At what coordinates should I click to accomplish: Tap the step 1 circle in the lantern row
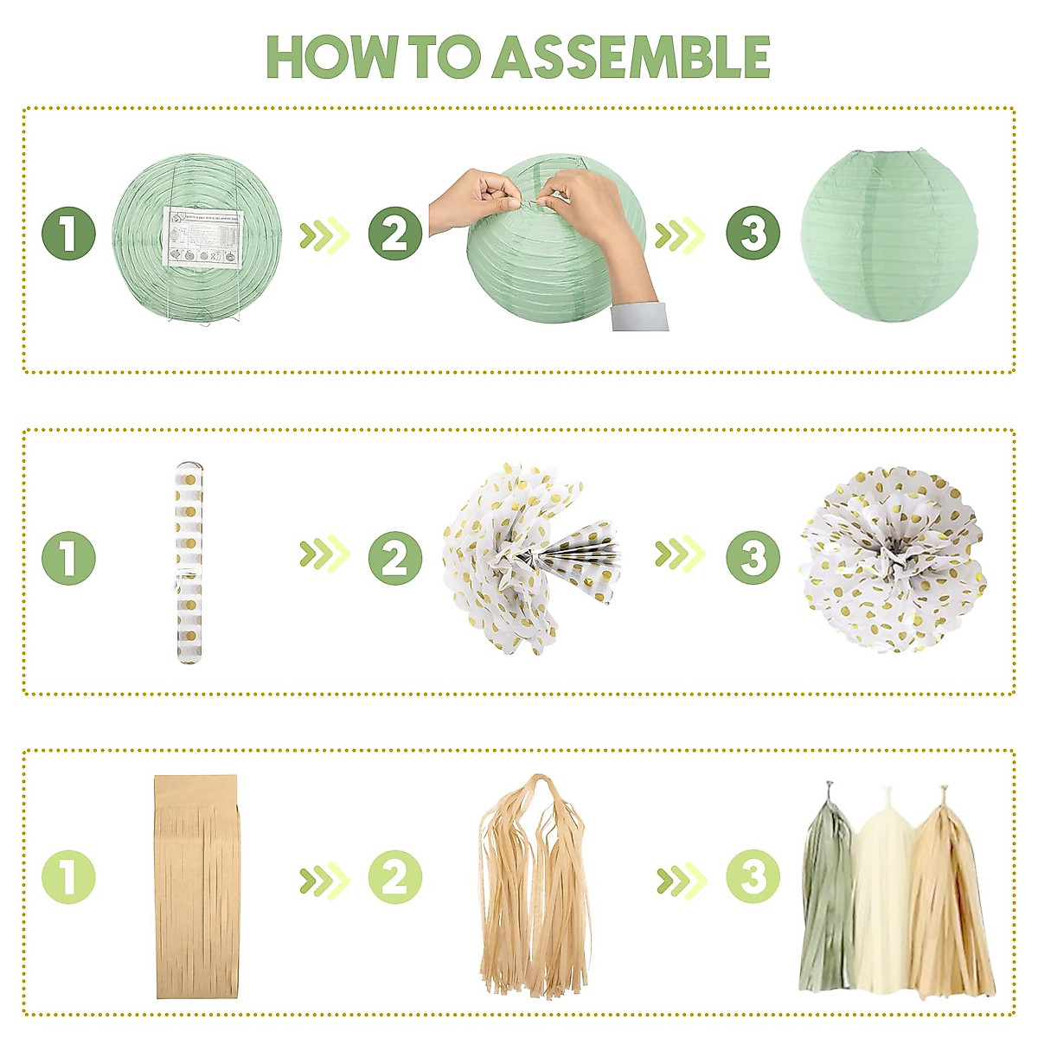(x=68, y=234)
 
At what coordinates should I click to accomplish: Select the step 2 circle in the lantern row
(x=395, y=234)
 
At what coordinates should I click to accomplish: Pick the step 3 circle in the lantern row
(x=753, y=234)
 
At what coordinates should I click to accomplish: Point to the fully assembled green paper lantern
(x=889, y=236)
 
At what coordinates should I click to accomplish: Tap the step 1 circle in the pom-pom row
(x=68, y=558)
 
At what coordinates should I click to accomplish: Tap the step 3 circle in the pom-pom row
(x=753, y=558)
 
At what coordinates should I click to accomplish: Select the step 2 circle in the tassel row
(x=395, y=878)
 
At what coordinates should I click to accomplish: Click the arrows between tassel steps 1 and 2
(x=324, y=881)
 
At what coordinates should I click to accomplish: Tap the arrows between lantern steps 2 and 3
(x=680, y=234)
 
